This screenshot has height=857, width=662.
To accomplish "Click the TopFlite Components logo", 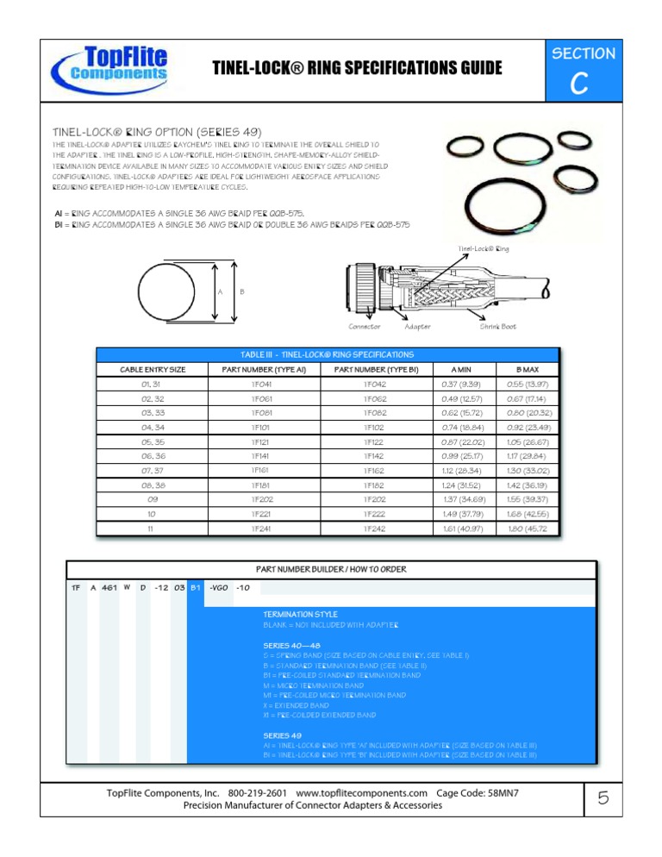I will click(110, 67).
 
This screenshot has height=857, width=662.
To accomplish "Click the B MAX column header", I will click(527, 369).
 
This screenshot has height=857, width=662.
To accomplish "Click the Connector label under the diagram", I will click(365, 326).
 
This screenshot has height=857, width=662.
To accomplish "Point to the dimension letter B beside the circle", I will click(240, 291).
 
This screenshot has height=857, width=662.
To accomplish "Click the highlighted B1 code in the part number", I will click(196, 588).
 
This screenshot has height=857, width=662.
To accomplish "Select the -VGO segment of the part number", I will click(218, 588).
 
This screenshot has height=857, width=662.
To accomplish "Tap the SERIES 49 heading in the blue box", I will click(282, 734).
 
